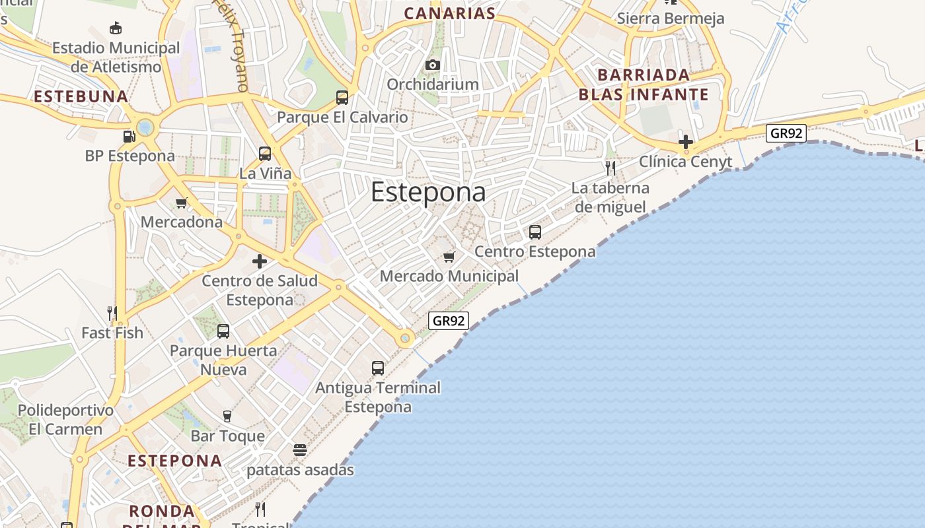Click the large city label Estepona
(x=428, y=192)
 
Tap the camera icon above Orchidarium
(x=433, y=65)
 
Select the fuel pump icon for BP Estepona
(x=129, y=136)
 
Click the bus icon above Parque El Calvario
(x=342, y=98)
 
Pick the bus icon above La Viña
(x=265, y=154)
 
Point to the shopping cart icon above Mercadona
(x=182, y=203)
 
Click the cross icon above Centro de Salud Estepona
(x=260, y=261)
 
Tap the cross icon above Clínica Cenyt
(x=686, y=141)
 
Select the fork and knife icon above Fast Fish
(x=112, y=313)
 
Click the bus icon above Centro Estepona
(x=535, y=232)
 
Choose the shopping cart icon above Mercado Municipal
(x=449, y=257)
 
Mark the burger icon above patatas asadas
(x=300, y=450)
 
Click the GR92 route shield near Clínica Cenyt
(x=786, y=133)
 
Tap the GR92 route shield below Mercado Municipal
(x=449, y=321)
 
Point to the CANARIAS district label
(x=449, y=13)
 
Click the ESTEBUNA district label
(x=81, y=96)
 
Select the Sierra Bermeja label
(x=671, y=18)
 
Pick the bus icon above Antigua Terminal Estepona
(x=378, y=368)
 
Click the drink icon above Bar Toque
(x=227, y=416)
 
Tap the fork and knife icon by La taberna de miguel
(x=610, y=168)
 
